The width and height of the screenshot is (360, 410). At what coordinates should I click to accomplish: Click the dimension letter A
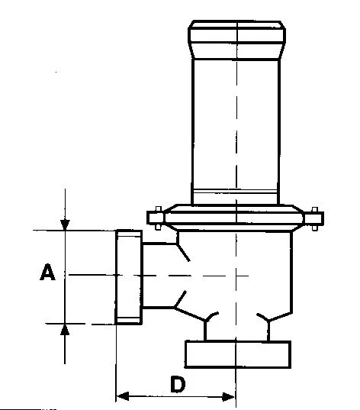[47, 273]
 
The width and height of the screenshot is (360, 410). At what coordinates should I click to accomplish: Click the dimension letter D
[178, 384]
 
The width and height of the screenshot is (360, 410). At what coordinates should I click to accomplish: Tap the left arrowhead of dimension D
[122, 396]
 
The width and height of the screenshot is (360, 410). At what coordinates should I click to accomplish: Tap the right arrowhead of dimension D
[228, 397]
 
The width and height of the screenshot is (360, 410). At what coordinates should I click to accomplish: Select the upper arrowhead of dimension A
[65, 225]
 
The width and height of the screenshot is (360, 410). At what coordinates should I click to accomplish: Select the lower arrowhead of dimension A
[65, 329]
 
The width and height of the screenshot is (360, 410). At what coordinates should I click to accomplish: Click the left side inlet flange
[129, 277]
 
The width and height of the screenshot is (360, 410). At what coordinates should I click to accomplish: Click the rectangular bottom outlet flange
[238, 354]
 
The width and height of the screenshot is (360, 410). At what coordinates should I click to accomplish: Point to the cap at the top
[236, 40]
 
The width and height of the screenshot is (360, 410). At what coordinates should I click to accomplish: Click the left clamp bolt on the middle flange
[158, 218]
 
